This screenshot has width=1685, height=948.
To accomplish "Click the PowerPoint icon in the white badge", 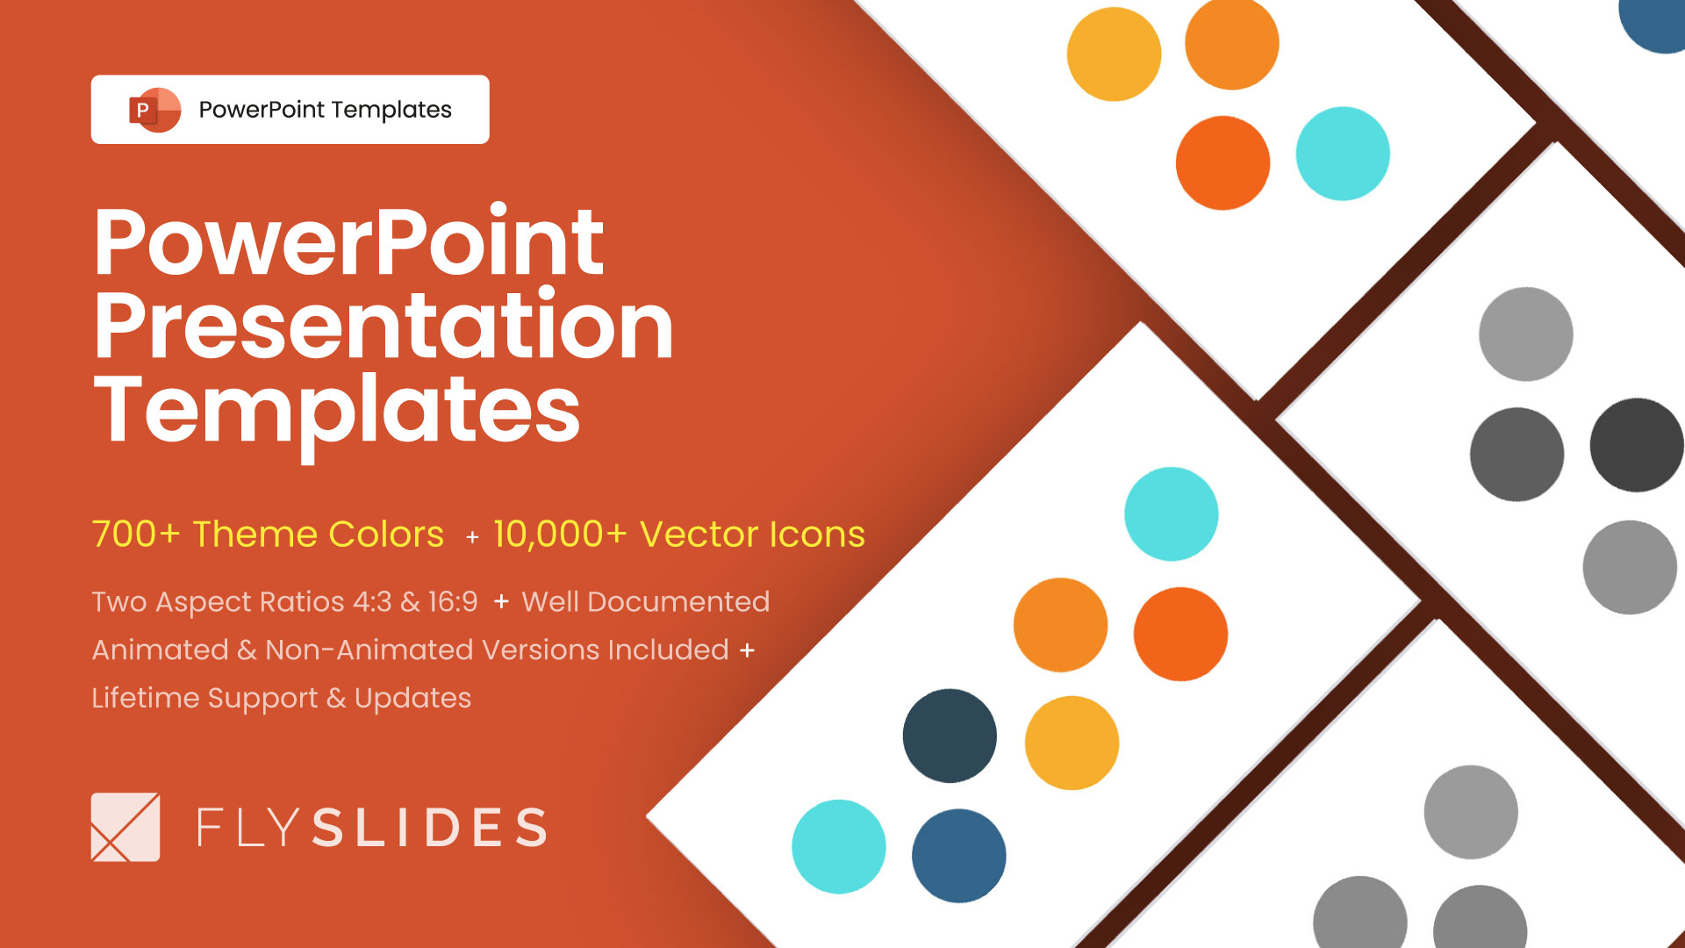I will pos(154,110).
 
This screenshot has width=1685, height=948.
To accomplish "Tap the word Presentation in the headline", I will pos(384,327).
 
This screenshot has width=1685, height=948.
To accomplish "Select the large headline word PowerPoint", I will pos(348,242).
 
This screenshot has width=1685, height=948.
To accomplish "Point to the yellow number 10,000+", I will pos(560,534).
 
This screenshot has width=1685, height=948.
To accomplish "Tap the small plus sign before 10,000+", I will pos(472,537).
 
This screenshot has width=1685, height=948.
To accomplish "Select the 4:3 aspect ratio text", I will pos(372,602).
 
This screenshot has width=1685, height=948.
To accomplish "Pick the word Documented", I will pos(678,602).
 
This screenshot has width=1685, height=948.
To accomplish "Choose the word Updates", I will pos(412,699).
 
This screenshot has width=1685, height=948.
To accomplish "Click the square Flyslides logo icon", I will pos(125,827).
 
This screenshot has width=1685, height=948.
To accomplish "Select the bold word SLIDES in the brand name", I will pos(430,828).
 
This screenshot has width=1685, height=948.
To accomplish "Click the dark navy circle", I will pos(950,736).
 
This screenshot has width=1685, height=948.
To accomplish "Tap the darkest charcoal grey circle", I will pos(1636,445).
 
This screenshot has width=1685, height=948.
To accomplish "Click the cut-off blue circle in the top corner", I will pos(1654,22).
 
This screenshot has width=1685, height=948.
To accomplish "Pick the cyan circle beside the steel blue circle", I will pos(839,846).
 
